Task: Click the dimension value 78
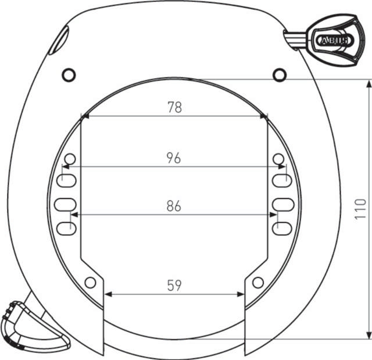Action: click(174, 107)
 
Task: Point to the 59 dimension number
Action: click(174, 285)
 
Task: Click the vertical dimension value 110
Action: click(360, 209)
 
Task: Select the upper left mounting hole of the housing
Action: click(69, 74)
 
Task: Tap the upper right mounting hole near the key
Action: click(280, 74)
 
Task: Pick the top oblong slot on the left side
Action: click(66, 180)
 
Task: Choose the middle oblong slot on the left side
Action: click(66, 204)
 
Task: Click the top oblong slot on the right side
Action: click(282, 180)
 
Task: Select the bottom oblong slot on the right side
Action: click(282, 228)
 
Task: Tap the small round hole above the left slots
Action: click(70, 159)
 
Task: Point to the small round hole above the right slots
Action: click(278, 159)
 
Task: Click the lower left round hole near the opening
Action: click(90, 283)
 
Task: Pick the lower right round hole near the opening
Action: click(257, 283)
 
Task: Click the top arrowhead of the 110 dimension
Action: click(369, 84)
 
